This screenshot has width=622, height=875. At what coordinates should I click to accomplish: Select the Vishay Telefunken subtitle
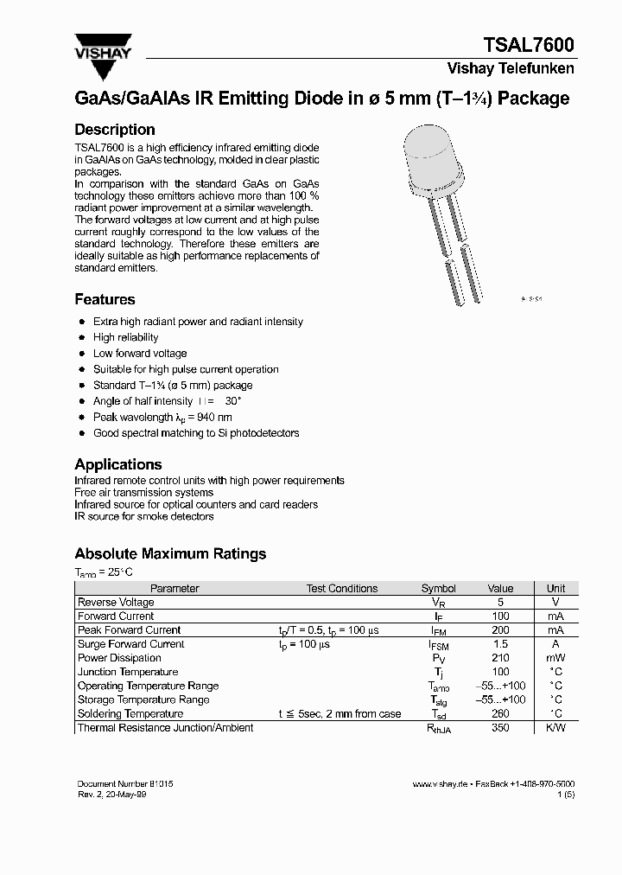coord(510,68)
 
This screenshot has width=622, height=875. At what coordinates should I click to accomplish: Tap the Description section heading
coord(115,130)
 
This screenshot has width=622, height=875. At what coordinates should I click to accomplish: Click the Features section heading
coord(105,300)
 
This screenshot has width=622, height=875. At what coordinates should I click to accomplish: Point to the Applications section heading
coord(118,464)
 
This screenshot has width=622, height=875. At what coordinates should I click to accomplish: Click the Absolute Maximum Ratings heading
coord(170,554)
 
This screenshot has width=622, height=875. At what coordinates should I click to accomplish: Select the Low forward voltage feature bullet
coord(140,354)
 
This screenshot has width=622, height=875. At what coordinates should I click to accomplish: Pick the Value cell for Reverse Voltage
coord(499,603)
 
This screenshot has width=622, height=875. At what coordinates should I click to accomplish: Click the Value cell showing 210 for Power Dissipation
coord(499,658)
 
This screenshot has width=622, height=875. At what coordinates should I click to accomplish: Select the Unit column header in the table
coord(556,589)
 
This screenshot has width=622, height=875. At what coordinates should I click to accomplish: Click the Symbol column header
coord(438,589)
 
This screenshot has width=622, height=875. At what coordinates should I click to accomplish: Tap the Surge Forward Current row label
coord(131,644)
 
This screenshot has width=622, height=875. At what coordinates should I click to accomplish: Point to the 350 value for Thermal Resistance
coord(499,728)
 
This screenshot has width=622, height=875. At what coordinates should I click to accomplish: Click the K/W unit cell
coord(556,728)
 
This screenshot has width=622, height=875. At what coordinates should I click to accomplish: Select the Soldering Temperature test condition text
coord(340,714)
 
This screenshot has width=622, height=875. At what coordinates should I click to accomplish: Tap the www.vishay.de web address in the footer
coord(440,783)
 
